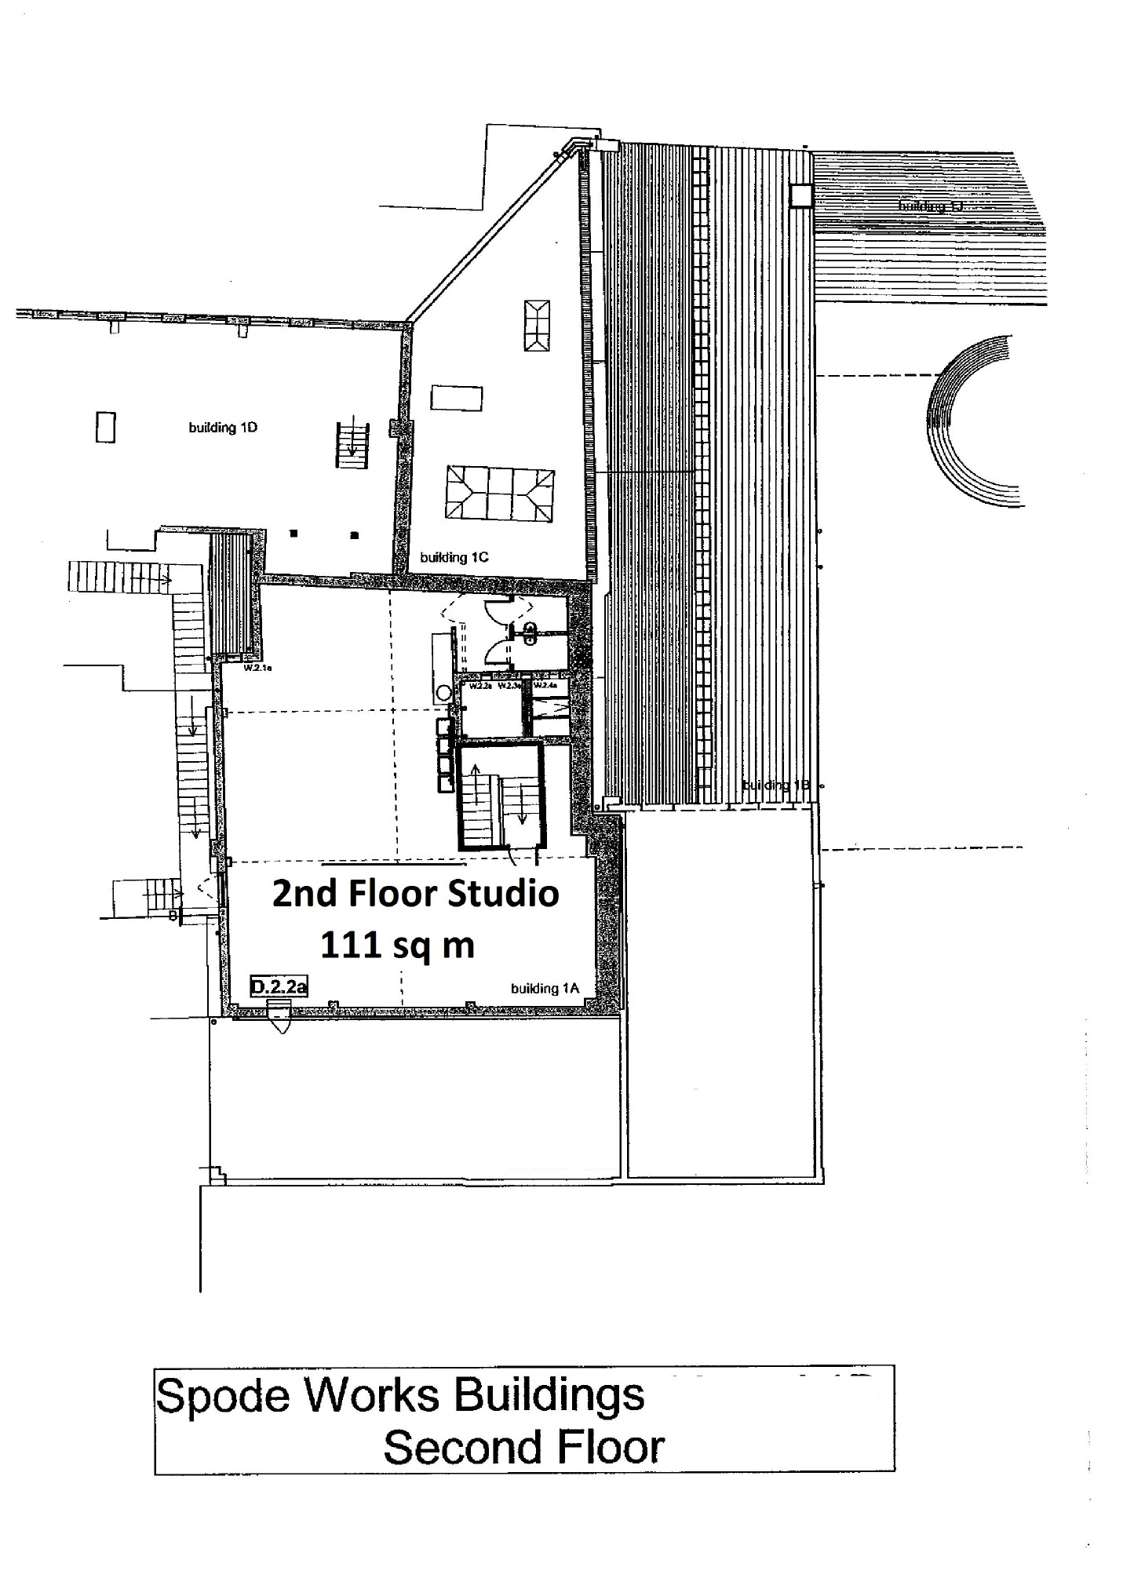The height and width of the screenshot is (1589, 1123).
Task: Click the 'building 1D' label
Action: [x=223, y=428]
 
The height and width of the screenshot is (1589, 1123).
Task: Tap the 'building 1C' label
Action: [x=454, y=557]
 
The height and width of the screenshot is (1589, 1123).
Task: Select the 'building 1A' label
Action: [x=545, y=989]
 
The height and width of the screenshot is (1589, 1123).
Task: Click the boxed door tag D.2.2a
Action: [x=279, y=986]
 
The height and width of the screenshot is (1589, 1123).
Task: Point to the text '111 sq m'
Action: [x=397, y=946]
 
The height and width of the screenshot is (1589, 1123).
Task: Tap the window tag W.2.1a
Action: [x=257, y=669]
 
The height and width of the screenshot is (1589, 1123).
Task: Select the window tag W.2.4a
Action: [x=545, y=685]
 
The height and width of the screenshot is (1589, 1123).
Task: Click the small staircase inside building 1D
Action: [x=352, y=445]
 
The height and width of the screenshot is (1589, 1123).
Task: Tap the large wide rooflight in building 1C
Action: [x=501, y=492]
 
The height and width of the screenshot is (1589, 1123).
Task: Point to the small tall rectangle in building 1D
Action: [x=106, y=427]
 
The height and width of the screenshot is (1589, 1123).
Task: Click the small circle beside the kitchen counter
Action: [x=444, y=692]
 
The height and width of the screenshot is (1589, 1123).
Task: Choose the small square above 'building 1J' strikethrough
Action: [x=801, y=195]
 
